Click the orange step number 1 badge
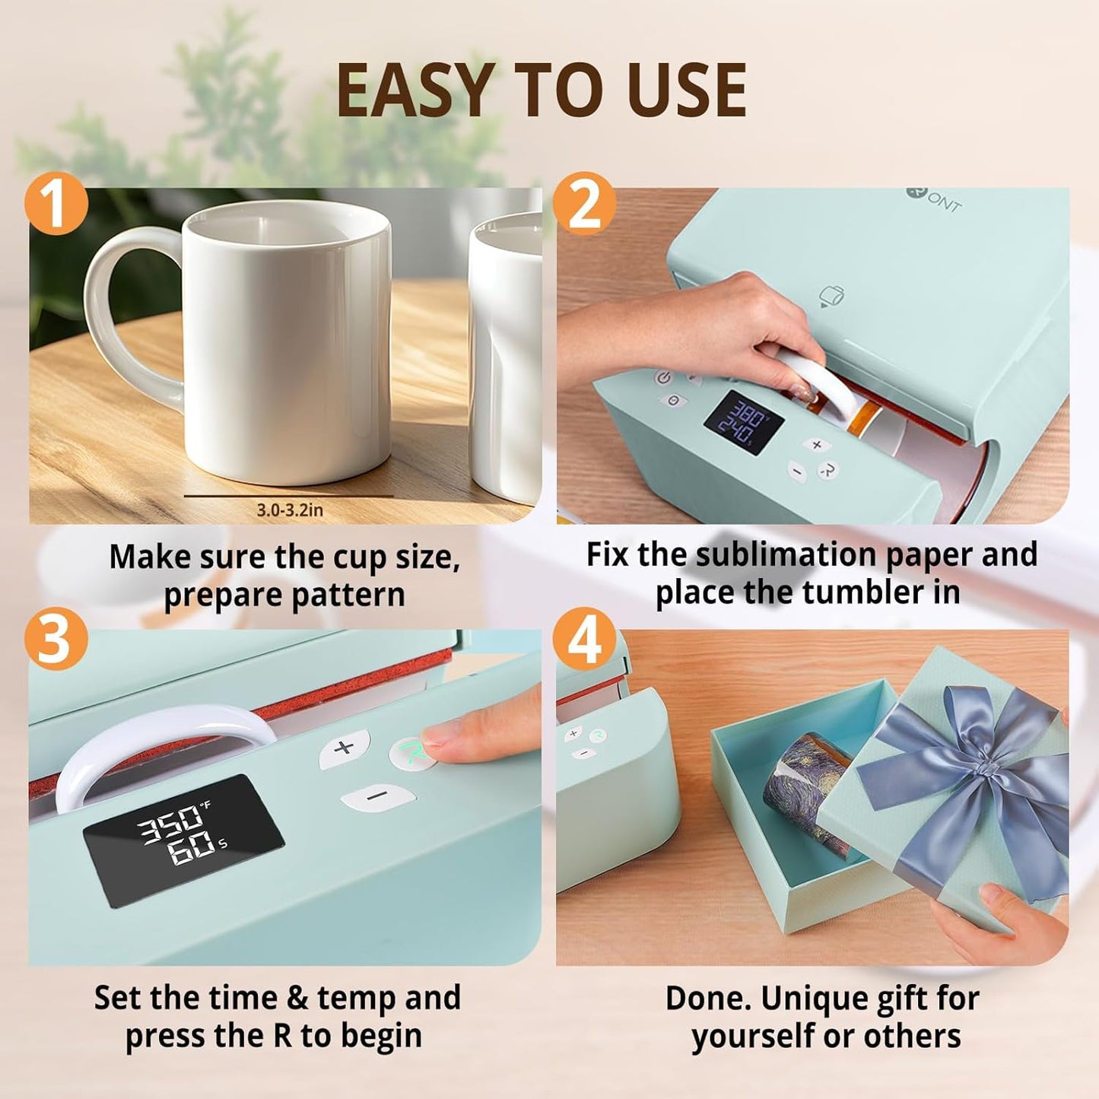click(x=56, y=203)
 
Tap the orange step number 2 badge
click(x=584, y=203)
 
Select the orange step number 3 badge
click(x=56, y=639)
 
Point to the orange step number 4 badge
click(x=584, y=639)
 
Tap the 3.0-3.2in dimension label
click(x=289, y=510)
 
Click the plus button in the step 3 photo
click(x=345, y=748)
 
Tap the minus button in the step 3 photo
click(x=378, y=797)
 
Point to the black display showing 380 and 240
click(x=743, y=422)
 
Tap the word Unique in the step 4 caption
click(x=814, y=999)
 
